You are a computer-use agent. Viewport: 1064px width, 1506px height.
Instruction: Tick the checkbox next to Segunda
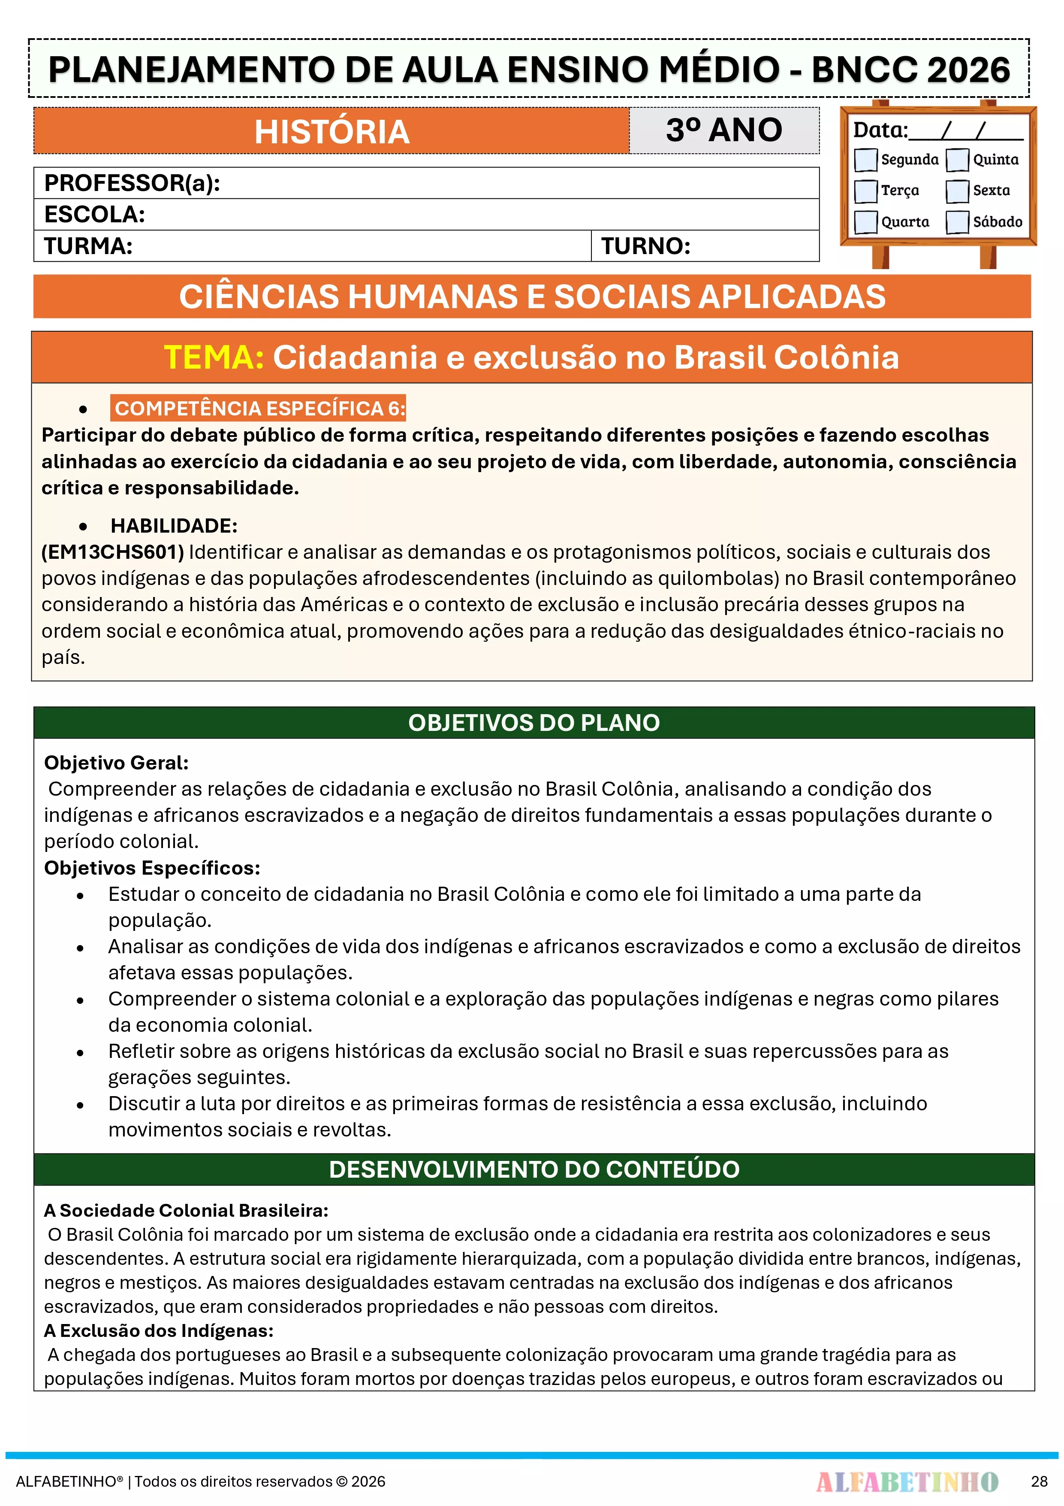click(x=865, y=159)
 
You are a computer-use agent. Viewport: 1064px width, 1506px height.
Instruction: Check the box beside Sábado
click(x=957, y=222)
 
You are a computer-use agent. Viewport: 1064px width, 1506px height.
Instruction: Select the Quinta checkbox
click(x=957, y=159)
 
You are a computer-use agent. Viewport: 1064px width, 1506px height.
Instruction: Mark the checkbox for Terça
click(x=865, y=191)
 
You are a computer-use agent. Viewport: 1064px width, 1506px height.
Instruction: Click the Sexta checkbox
click(x=957, y=191)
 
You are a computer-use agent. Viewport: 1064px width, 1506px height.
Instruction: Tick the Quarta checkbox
click(x=865, y=222)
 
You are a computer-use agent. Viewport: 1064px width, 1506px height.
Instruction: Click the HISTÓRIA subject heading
click(x=332, y=132)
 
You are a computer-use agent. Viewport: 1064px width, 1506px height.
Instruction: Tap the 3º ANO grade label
click(x=724, y=130)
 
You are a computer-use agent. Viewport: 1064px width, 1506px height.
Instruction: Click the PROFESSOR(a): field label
click(x=132, y=183)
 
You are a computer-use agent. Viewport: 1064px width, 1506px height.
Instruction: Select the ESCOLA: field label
click(x=94, y=215)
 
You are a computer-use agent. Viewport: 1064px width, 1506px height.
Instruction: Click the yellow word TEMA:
click(x=214, y=358)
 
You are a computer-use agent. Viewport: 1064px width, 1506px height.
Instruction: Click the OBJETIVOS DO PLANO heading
click(x=534, y=722)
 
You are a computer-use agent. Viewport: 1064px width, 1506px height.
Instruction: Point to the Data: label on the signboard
click(x=880, y=130)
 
